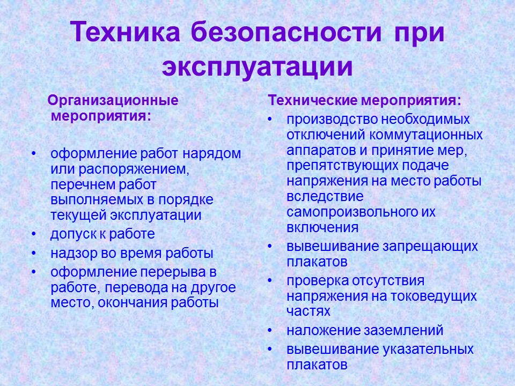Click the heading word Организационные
coord(113,100)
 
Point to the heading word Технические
coord(314,100)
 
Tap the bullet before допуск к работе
coord(34,234)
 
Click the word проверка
coord(317,281)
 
